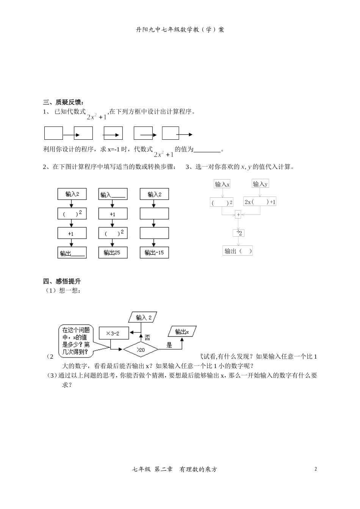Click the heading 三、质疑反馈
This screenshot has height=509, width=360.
pyautogui.click(x=63, y=102)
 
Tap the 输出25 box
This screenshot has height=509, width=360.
pyautogui.click(x=113, y=253)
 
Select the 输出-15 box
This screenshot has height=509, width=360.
pyautogui.click(x=154, y=253)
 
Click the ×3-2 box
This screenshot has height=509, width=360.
pyautogui.click(x=114, y=333)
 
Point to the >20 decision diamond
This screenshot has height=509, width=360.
pyautogui.click(x=141, y=350)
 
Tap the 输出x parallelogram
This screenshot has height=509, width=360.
pyautogui.click(x=182, y=332)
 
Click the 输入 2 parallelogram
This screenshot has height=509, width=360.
pyautogui.click(x=143, y=318)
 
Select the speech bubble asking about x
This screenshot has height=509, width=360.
pyautogui.click(x=76, y=341)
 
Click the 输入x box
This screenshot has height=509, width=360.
pyautogui.click(x=222, y=184)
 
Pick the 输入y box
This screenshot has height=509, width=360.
pyautogui.click(x=260, y=184)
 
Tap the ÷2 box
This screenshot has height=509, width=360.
pyautogui.click(x=239, y=233)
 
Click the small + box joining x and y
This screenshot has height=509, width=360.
pyautogui.click(x=238, y=215)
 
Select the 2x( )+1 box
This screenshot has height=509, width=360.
pyautogui.click(x=260, y=202)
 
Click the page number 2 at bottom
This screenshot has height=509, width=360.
pyautogui.click(x=316, y=469)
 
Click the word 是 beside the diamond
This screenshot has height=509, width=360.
pyautogui.click(x=169, y=345)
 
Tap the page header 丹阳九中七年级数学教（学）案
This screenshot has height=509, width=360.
pyautogui.click(x=180, y=30)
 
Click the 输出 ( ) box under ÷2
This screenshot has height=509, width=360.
pyautogui.click(x=238, y=251)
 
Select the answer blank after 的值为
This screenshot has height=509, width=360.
pyautogui.click(x=207, y=150)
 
